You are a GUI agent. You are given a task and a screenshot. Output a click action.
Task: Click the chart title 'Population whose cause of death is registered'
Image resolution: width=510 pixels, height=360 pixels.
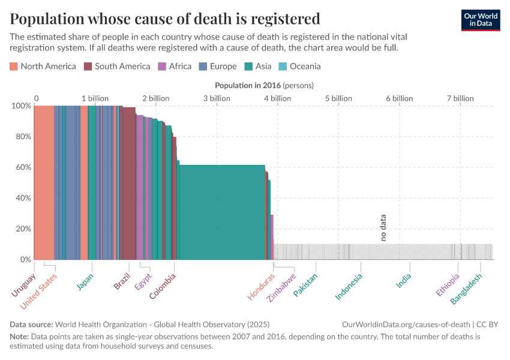[x=164, y=19]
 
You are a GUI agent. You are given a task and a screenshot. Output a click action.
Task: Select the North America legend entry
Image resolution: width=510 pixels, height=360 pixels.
[x=43, y=67]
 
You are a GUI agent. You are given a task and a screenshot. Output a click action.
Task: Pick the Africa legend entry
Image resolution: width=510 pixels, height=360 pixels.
[x=175, y=67]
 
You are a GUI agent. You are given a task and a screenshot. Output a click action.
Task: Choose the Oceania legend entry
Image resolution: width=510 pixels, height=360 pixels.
[x=299, y=67]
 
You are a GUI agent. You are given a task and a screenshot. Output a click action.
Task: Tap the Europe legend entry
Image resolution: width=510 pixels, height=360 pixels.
[x=217, y=67]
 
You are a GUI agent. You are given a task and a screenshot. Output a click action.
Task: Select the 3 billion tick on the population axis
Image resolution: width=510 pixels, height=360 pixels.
[x=217, y=98]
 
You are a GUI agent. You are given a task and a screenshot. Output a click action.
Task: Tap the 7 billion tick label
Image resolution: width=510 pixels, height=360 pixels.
[x=460, y=98]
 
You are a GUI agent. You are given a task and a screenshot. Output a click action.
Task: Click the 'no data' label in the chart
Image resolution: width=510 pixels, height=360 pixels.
[x=383, y=228]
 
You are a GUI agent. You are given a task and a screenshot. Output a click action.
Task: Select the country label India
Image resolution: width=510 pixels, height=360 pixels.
[x=404, y=281]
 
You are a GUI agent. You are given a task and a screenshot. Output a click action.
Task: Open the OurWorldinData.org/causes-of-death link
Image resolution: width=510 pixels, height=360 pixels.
[x=406, y=325]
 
